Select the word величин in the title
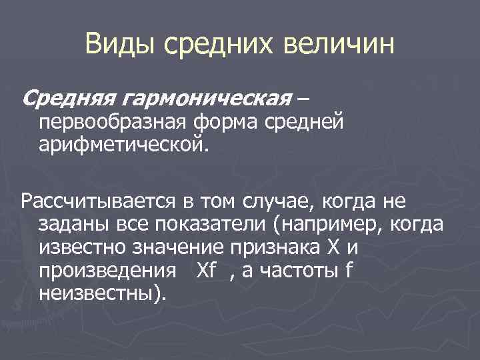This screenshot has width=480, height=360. coord(339,46)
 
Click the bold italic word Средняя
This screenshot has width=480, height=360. coord(69,100)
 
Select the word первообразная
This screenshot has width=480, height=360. coord(114,123)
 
